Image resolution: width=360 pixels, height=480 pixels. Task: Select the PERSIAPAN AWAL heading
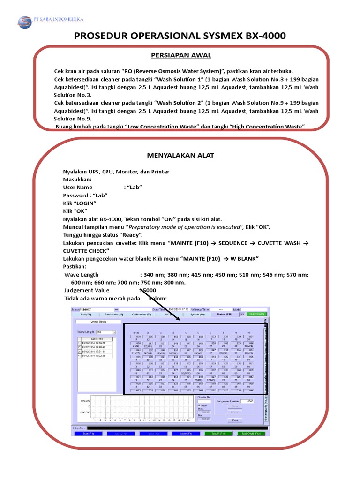pos(181,55)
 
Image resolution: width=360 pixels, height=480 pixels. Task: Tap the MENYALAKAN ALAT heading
pos(180,155)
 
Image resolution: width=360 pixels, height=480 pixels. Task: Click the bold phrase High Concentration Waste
pos(265,127)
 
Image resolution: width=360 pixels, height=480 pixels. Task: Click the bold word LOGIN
pos(85,203)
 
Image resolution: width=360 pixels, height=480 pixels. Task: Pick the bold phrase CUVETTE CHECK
pos(89,251)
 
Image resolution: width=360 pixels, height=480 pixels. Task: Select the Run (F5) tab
pos(87,315)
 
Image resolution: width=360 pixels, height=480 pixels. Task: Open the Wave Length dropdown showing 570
pos(105,332)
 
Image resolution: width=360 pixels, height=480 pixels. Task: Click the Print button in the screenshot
pos(235,420)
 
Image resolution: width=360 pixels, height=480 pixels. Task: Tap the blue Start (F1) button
pos(86,434)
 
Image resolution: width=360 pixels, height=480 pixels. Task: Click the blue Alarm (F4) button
pos(184,434)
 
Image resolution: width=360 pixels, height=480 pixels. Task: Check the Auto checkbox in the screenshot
pos(199,405)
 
